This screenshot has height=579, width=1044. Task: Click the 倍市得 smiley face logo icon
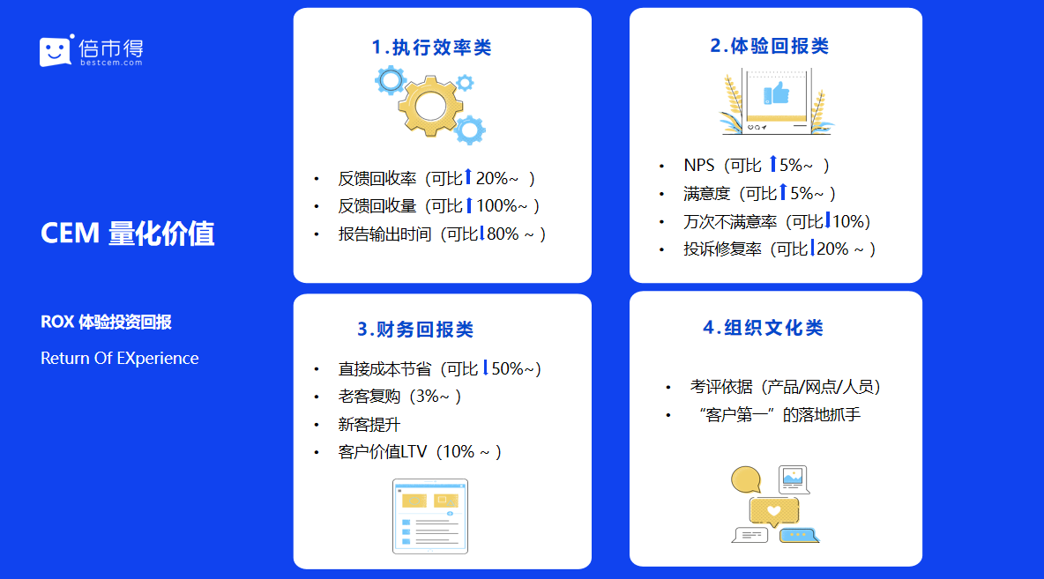click(56, 50)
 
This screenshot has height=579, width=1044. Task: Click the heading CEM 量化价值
click(127, 234)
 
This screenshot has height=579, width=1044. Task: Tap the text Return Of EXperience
click(120, 358)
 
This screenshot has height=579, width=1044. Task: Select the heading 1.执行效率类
click(431, 48)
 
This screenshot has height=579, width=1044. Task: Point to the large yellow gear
click(431, 105)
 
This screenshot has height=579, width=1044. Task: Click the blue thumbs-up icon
click(776, 93)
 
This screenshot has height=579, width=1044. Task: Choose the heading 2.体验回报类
click(769, 46)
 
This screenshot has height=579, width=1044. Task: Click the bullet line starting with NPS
click(757, 165)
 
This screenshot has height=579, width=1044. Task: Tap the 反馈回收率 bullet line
click(436, 178)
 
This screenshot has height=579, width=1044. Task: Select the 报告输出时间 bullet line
click(442, 234)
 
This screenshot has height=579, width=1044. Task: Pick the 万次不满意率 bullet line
click(777, 221)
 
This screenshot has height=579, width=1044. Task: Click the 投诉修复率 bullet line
click(779, 249)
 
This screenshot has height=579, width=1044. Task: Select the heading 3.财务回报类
click(415, 330)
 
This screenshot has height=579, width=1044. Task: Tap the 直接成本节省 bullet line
click(440, 368)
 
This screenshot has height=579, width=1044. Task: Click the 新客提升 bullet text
click(369, 425)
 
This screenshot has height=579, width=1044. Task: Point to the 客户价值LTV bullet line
click(420, 452)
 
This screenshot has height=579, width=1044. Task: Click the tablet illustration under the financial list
click(430, 516)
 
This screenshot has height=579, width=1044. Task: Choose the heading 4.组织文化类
click(763, 328)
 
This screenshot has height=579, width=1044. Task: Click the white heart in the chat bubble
click(773, 511)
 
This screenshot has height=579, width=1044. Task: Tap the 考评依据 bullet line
click(786, 387)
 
